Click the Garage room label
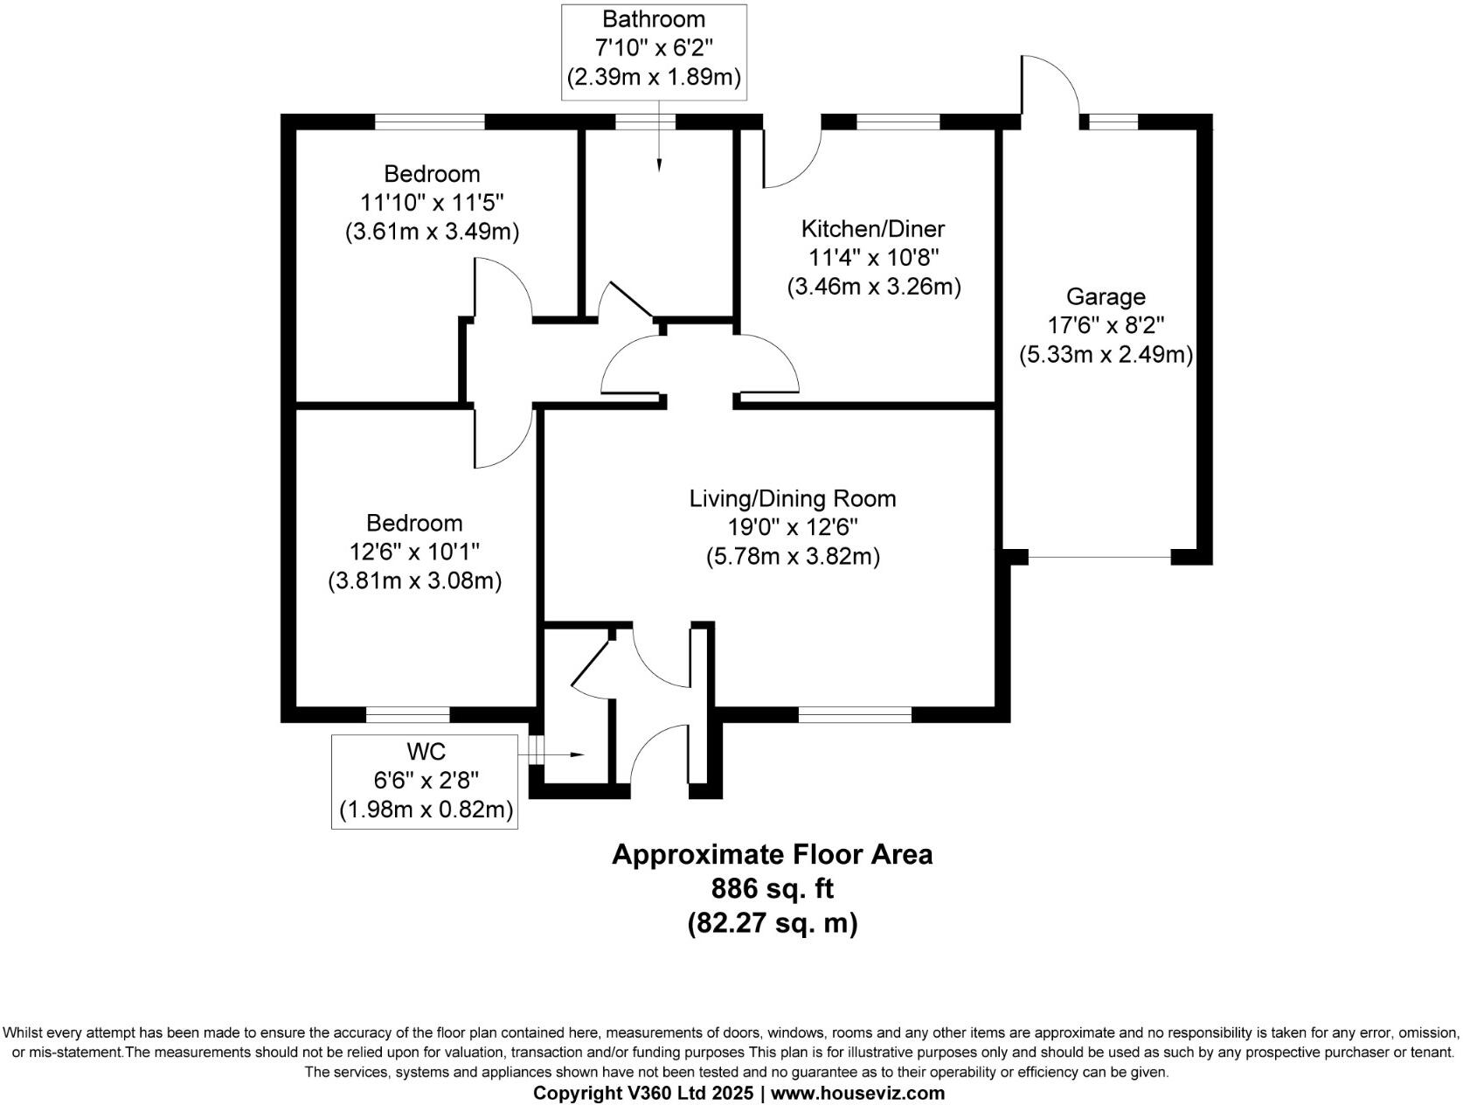click(1106, 297)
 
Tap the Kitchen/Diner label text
click(873, 229)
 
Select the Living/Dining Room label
click(793, 499)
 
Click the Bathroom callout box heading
click(653, 19)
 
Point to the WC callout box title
click(426, 752)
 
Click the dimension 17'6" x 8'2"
click(1106, 326)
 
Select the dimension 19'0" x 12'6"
click(793, 528)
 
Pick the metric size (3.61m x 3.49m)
click(432, 232)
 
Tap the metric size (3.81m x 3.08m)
click(414, 580)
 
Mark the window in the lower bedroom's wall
click(407, 715)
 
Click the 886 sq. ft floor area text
click(772, 889)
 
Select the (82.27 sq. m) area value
click(772, 923)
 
